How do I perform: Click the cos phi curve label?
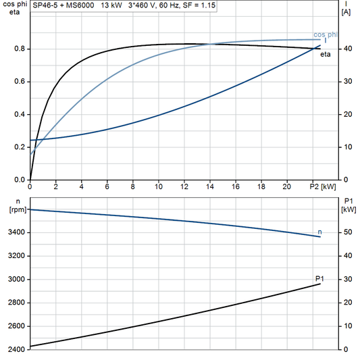(x=326, y=34)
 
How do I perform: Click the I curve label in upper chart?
(x=326, y=42)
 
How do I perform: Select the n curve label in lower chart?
(x=319, y=232)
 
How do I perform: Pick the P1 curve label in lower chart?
(x=319, y=278)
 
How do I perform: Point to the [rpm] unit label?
(x=16, y=210)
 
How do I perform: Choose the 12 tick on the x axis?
(x=184, y=186)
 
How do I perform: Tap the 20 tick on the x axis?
(x=287, y=186)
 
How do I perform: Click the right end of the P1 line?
(x=321, y=284)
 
